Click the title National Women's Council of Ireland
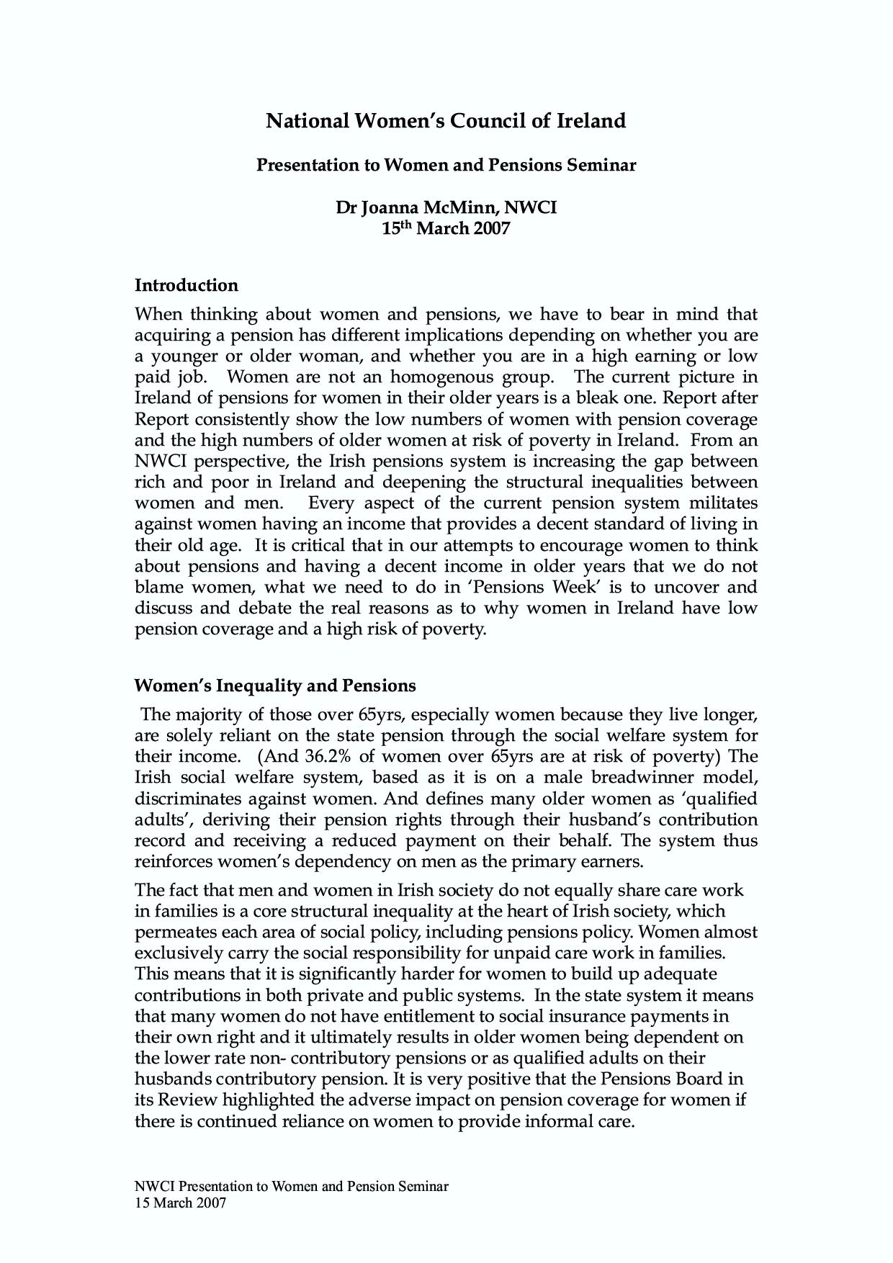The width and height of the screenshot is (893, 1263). point(446,120)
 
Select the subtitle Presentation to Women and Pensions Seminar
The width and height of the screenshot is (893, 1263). point(446,165)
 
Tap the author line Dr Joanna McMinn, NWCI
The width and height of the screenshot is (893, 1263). point(446,207)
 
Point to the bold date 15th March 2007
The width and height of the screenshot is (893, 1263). point(446,229)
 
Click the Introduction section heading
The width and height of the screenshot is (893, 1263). point(187,285)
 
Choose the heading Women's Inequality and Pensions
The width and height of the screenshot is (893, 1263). point(275,685)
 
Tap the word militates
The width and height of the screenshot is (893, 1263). point(724,503)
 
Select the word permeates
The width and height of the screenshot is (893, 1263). point(176,932)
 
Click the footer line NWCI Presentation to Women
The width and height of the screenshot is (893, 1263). point(292,1186)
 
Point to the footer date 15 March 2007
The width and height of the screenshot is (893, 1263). point(181,1203)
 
